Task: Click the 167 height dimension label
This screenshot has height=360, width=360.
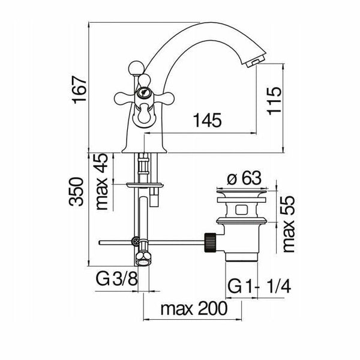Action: coord(79,89)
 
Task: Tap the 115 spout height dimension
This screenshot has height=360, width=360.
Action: coord(274,100)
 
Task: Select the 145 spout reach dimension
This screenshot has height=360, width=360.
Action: coord(208,120)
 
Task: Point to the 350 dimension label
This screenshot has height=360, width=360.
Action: coord(76,191)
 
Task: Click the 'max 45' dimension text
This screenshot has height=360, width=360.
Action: coord(101,181)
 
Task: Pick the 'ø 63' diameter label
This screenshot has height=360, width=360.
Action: coord(244,178)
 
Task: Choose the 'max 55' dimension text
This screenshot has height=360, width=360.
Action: coord(289,224)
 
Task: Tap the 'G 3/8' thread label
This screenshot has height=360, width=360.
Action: coord(117,279)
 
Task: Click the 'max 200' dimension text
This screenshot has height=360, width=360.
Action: coord(194,308)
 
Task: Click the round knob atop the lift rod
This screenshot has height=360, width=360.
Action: coord(136,68)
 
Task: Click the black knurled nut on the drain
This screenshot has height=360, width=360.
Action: coord(210,242)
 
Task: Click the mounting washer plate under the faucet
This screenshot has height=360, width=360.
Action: coord(145,185)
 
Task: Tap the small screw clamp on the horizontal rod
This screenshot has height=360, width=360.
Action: coord(135,241)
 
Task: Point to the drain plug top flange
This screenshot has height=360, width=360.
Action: coord(242,191)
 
